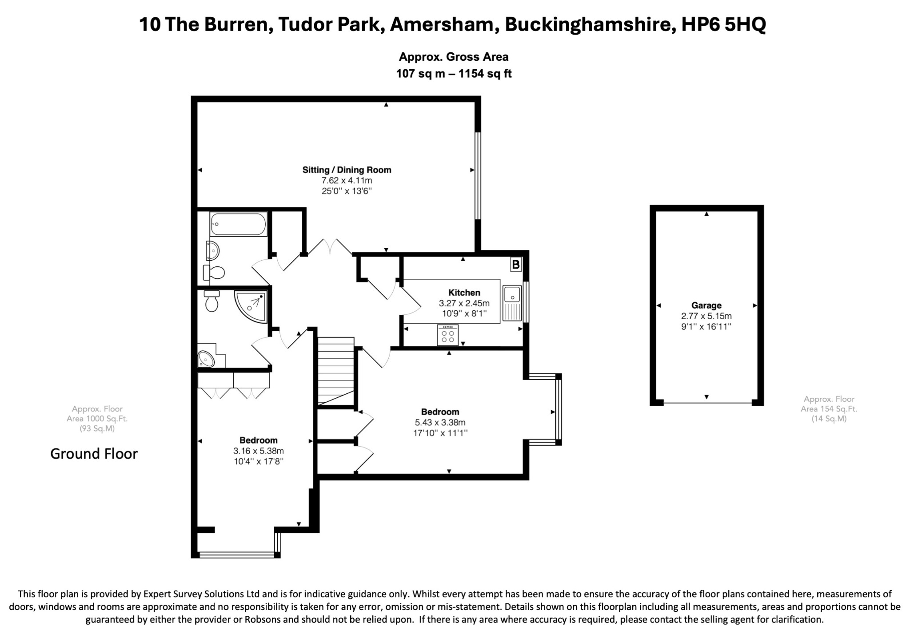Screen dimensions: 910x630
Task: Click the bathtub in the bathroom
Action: (x=238, y=224)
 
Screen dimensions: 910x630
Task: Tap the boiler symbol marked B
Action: (x=515, y=265)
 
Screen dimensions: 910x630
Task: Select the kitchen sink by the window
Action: (x=512, y=303)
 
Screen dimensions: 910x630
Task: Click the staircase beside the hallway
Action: (x=336, y=371)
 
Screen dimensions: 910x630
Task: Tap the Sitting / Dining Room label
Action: (x=347, y=170)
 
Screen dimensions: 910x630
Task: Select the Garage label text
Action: (x=706, y=305)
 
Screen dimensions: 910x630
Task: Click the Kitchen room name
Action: (x=464, y=293)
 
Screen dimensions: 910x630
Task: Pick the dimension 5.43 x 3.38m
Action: (x=440, y=423)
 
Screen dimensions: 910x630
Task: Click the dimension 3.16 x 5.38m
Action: (x=259, y=451)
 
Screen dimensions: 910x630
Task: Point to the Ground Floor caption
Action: (x=94, y=454)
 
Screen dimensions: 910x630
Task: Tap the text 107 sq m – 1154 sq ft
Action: (x=454, y=74)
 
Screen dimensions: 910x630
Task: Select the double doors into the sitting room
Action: (x=330, y=247)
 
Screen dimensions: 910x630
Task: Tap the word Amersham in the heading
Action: (x=441, y=24)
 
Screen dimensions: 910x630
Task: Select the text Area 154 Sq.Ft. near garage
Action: (x=829, y=409)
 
